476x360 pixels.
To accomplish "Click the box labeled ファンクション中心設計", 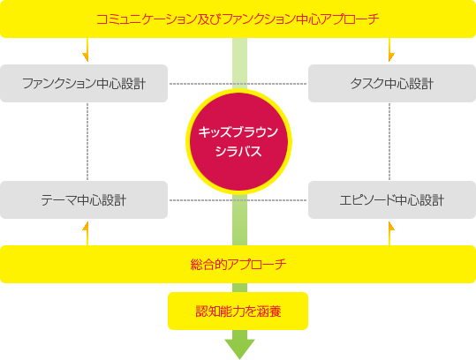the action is pos(84,84).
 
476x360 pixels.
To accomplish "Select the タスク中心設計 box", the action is pos(392,84).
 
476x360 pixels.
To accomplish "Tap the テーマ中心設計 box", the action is pos(84,200).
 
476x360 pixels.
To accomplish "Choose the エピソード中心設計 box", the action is pos(392,200).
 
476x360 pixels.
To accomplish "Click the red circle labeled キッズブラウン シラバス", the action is pos(238,142).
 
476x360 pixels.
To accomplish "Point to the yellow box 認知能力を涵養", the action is pos(238,311).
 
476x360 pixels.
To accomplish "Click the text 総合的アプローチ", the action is pos(238,264).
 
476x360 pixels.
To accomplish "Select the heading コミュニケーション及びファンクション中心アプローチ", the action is pos(238,19).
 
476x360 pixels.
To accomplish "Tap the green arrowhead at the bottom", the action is pos(239,349).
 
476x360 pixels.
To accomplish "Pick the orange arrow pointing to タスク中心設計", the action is pos(390,50).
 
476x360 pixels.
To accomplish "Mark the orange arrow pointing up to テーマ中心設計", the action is pos(87,233).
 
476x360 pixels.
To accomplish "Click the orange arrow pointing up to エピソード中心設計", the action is pos(390,233).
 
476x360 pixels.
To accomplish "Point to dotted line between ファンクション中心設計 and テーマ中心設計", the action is pos(87,142).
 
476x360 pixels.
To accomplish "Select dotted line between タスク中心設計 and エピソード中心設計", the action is pos(389,142).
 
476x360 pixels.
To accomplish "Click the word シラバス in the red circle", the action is pos(238,151).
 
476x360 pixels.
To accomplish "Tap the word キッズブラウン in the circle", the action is pos(238,132).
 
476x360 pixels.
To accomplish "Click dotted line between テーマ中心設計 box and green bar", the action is pos(200,200).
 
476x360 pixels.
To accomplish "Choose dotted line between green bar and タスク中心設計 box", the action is pos(277,84).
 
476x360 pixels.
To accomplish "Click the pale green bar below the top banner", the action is pos(239,63).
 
